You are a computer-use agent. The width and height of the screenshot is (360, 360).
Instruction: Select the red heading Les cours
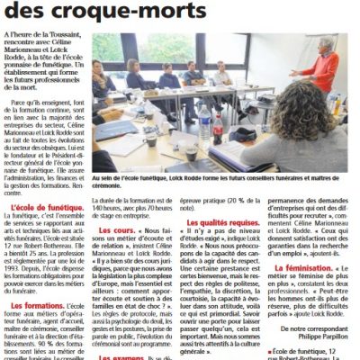point(118,229)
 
